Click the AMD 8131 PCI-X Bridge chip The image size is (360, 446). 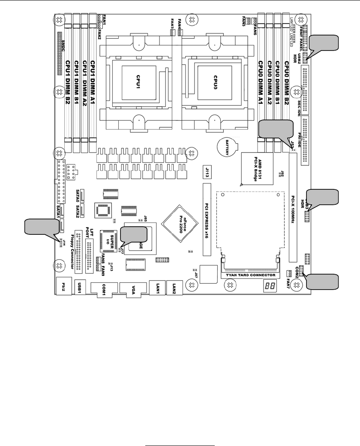(258, 168)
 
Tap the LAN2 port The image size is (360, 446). (174, 287)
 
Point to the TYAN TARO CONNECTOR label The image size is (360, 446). (251, 275)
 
